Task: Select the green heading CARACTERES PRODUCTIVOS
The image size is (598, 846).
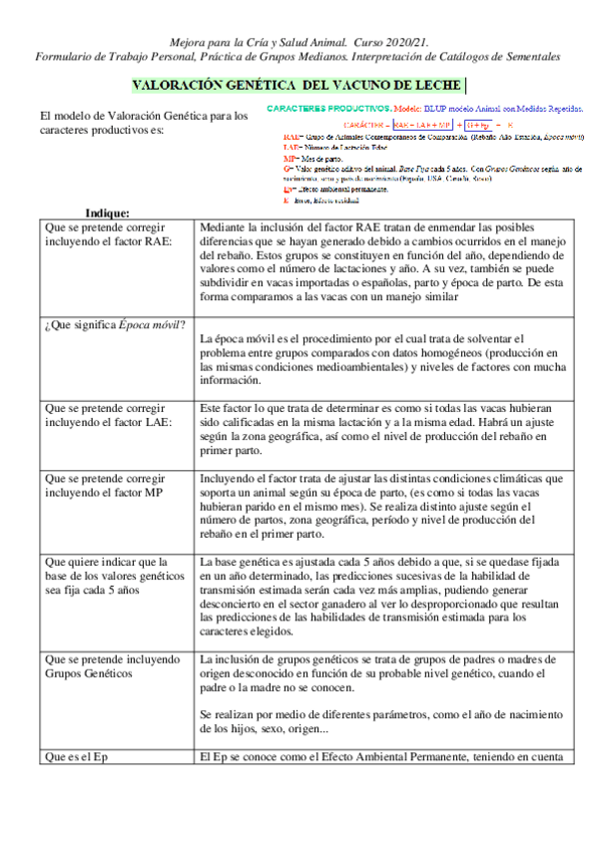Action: click(x=328, y=107)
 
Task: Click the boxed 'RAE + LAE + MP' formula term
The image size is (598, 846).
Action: click(x=423, y=124)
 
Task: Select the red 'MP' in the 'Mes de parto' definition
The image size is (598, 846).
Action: click(x=290, y=158)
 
